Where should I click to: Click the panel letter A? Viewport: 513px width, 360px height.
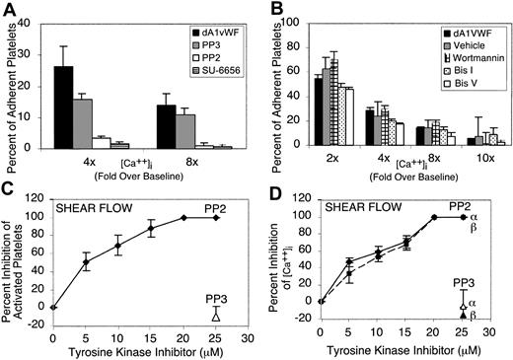click(11, 11)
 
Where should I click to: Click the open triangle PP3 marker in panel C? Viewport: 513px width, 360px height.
click(216, 315)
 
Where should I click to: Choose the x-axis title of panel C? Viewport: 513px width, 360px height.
click(140, 352)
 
